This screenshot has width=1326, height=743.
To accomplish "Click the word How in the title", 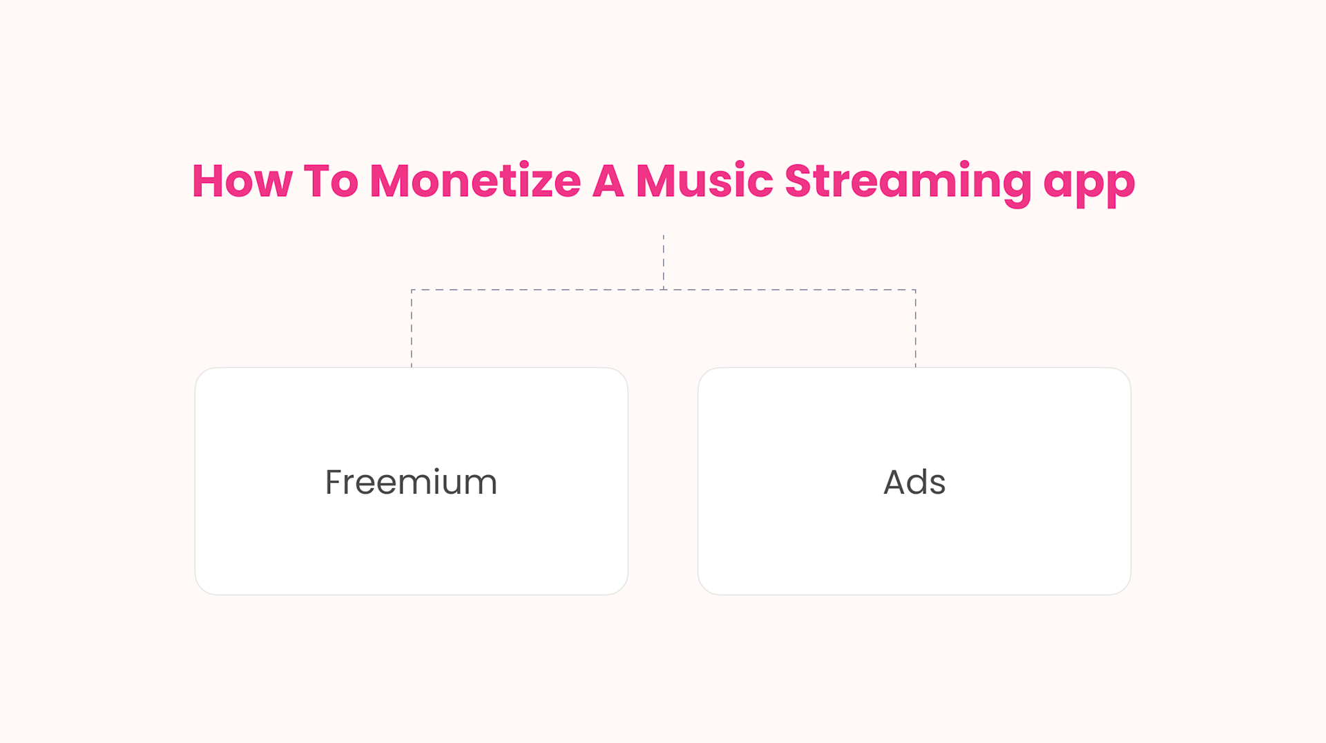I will [x=242, y=182].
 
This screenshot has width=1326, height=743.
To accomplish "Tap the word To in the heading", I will [x=331, y=182].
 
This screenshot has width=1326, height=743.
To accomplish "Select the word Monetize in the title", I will [x=475, y=182].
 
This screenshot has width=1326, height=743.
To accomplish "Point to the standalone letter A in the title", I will [x=608, y=182].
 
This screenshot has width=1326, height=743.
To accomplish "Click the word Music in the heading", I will [x=704, y=182].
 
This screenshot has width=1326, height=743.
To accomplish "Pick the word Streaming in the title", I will [x=907, y=183].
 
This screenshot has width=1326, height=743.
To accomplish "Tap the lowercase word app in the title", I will [x=1089, y=185].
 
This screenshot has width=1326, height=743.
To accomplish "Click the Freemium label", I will [x=411, y=482].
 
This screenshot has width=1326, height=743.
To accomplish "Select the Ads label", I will [x=914, y=482].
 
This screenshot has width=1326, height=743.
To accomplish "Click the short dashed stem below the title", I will [x=664, y=261].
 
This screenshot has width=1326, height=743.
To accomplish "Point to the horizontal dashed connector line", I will [x=539, y=290].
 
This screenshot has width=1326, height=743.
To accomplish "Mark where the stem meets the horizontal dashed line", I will [x=664, y=290].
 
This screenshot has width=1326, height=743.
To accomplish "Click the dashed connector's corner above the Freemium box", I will [x=412, y=290].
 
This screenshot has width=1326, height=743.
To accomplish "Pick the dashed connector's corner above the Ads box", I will [x=916, y=290].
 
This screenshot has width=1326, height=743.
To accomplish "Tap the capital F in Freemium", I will [x=334, y=482].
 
